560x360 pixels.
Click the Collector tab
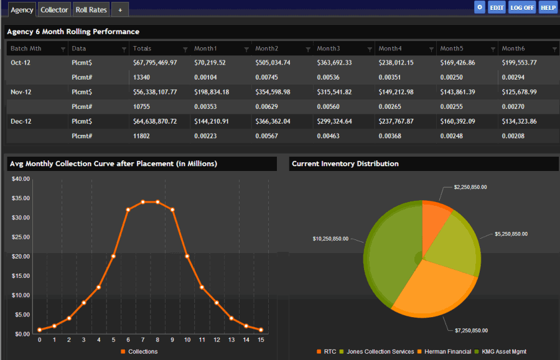(54, 9)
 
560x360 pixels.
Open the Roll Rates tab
(91, 9)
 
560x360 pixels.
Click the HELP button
(548, 7)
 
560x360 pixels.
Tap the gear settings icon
(479, 7)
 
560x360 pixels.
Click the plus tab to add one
(120, 10)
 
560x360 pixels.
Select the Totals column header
(142, 48)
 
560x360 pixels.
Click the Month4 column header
(390, 48)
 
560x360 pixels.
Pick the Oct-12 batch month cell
(21, 63)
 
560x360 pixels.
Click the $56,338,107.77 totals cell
(155, 92)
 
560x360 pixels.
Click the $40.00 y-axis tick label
(21, 179)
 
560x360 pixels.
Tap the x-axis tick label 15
(261, 340)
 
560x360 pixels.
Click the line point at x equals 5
(113, 256)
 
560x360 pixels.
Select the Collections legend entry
(142, 352)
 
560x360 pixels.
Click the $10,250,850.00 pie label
(330, 239)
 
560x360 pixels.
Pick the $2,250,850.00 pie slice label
(470, 187)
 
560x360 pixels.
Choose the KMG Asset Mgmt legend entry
(504, 352)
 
